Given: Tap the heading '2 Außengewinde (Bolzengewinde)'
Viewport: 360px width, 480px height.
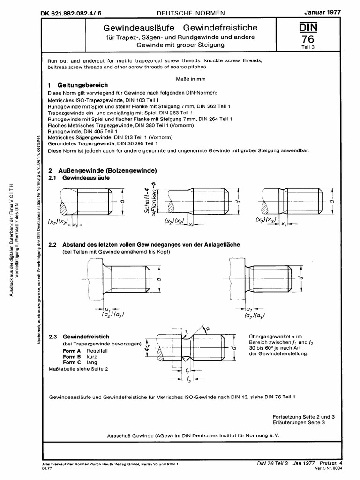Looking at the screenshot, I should coord(103,171).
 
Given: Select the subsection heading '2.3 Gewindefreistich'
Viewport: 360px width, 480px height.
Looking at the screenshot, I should coord(79,337).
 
